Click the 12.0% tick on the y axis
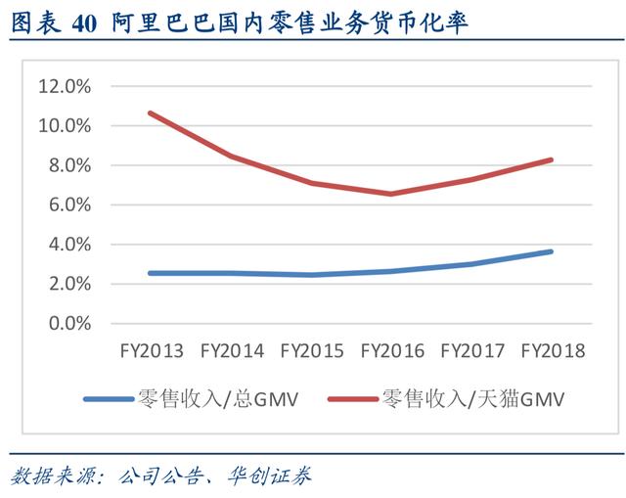[x=64, y=86]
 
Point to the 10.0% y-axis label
[x=64, y=126]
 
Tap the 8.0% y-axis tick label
[x=68, y=165]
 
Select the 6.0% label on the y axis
[x=68, y=204]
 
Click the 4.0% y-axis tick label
[x=68, y=245]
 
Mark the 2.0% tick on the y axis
[x=68, y=284]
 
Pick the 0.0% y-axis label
[x=68, y=323]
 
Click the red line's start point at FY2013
[x=150, y=113]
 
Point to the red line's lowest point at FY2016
[x=390, y=194]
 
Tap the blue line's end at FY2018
[x=552, y=251]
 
